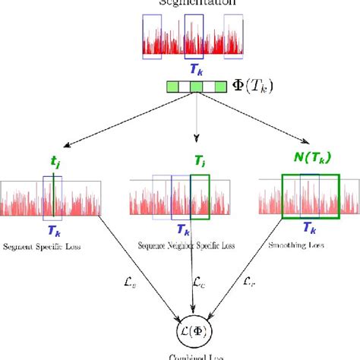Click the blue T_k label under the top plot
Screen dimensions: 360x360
[x=195, y=69]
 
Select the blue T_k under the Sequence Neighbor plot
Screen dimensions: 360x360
[x=182, y=229]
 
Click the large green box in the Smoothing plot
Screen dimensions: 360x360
[x=305, y=197]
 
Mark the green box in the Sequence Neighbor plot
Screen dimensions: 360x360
[x=200, y=197]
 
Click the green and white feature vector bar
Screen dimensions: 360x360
[x=197, y=88]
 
